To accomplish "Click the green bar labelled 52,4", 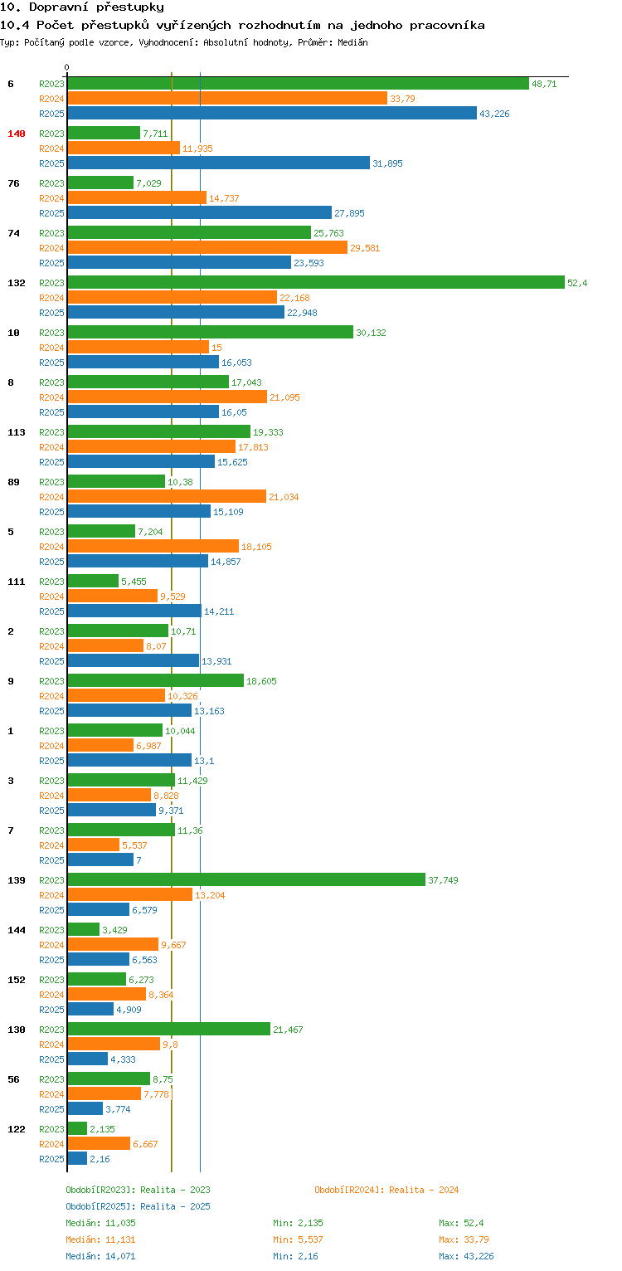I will click(x=315, y=283).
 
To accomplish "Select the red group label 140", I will click(x=17, y=134).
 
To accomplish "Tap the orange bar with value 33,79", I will click(x=227, y=99).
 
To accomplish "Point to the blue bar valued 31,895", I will click(x=218, y=163).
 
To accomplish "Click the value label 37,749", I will click(x=443, y=880).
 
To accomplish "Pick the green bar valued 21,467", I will click(x=168, y=1030).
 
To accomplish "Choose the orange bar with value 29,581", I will click(x=207, y=248).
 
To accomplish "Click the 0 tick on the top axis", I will click(x=67, y=67).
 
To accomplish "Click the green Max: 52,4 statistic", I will click(x=461, y=1223).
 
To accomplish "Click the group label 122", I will click(x=17, y=1129).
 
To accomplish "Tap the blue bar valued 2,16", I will click(x=77, y=1159).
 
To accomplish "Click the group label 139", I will click(x=17, y=880).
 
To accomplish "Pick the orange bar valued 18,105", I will click(x=153, y=547).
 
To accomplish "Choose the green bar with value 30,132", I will click(x=210, y=333).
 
